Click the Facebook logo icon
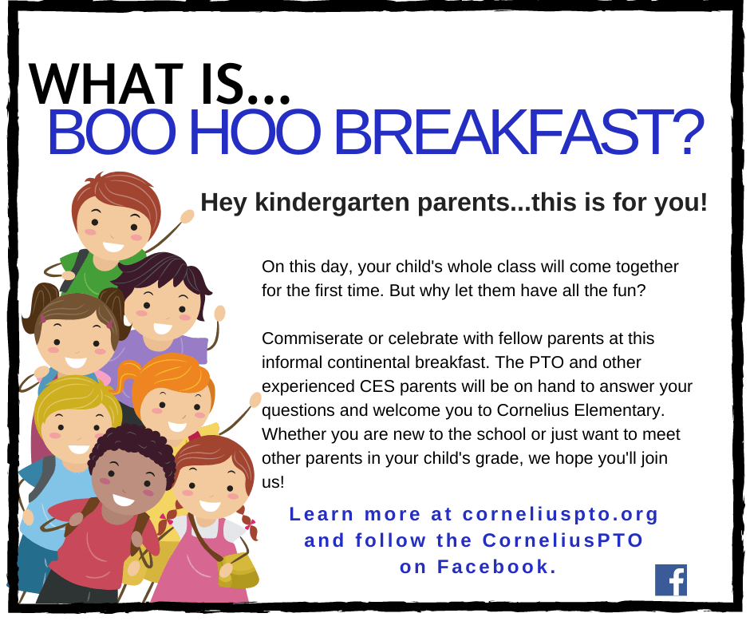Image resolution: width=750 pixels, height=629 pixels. pyautogui.click(x=671, y=580)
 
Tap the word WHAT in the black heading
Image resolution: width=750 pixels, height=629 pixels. pyautogui.click(x=106, y=84)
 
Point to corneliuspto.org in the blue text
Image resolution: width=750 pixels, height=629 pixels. pyautogui.click(x=561, y=514)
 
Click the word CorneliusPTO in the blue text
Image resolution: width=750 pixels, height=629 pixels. pyautogui.click(x=562, y=540)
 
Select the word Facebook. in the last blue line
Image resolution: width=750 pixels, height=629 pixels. pyautogui.click(x=497, y=567)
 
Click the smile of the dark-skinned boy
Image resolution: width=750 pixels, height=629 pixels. pyautogui.click(x=124, y=500)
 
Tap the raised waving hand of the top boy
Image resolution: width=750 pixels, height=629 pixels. pyautogui.click(x=187, y=217)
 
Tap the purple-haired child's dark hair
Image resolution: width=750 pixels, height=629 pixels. pyautogui.click(x=165, y=274)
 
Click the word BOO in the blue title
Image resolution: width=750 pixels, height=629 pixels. pyautogui.click(x=111, y=133)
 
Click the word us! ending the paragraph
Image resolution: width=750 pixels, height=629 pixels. pyautogui.click(x=273, y=482)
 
